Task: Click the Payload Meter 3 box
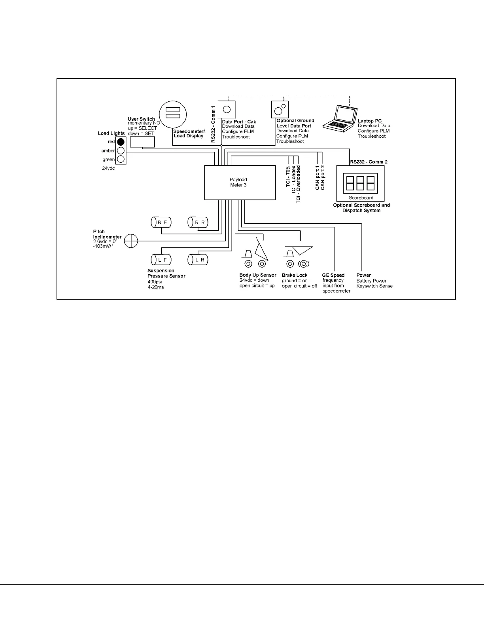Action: point(240,182)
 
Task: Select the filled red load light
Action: point(121,142)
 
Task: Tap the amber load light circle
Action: point(121,150)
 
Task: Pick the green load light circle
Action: point(121,159)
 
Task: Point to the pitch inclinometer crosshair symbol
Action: point(131,241)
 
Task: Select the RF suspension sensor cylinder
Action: point(161,222)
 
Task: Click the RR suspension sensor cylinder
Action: point(198,222)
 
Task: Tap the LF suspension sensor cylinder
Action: point(161,260)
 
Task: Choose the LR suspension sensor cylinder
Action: point(198,260)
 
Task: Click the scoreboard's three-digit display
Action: point(360,183)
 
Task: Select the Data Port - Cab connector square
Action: point(227,109)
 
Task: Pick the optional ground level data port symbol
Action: point(280,109)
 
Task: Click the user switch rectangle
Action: point(142,142)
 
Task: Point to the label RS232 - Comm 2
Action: point(369,162)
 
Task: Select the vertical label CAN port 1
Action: point(318,178)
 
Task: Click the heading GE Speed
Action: point(333,275)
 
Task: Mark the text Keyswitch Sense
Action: point(374,286)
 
